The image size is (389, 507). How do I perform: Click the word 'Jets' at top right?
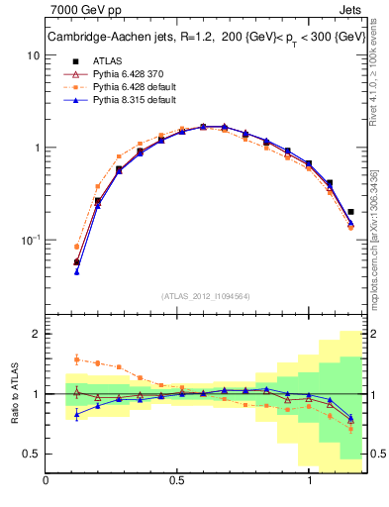click(349, 11)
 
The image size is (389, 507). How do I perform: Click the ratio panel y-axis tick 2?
click(36, 334)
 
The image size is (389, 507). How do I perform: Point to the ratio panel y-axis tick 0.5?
click(31, 454)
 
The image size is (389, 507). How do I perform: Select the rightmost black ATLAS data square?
click(350, 211)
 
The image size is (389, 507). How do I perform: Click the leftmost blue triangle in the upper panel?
click(77, 271)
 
